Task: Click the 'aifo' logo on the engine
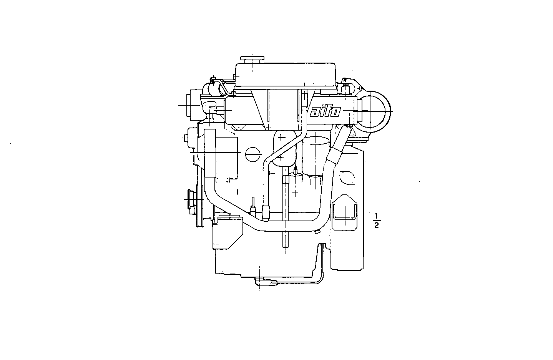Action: coord(325,111)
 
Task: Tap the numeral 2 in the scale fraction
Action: coord(377,226)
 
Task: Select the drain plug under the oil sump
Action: coord(265,283)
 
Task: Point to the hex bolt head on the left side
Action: coord(186,138)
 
